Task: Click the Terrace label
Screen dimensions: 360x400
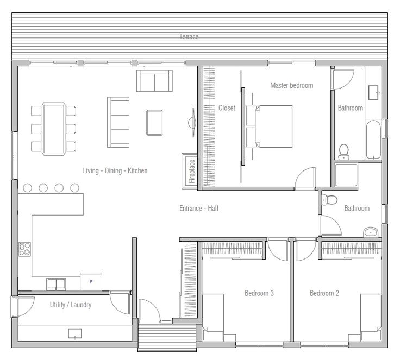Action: pos(189,37)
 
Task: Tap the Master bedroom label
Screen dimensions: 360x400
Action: pos(291,85)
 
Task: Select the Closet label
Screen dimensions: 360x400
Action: pos(227,108)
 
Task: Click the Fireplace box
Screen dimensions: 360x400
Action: pos(190,170)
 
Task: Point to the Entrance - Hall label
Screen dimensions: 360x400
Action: pos(199,208)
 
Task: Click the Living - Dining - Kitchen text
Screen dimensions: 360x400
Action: pos(115,170)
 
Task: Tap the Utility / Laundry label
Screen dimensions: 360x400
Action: pos(71,305)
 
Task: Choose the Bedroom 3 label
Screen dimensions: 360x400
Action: pos(259,293)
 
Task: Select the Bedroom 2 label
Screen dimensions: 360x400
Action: pos(324,293)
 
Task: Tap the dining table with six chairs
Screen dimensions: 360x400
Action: pos(54,128)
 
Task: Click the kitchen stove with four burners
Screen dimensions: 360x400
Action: pos(25,249)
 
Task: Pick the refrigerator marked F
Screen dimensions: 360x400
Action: pos(91,281)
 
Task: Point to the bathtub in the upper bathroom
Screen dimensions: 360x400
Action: pos(373,140)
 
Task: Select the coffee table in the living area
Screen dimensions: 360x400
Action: pos(154,122)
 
